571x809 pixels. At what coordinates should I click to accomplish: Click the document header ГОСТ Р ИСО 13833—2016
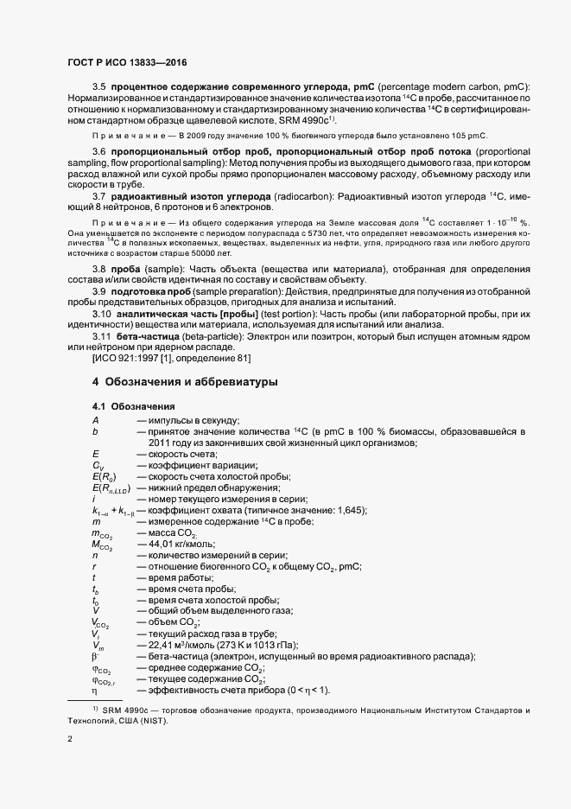point(127,62)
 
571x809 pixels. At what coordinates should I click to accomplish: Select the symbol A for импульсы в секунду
point(95,419)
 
